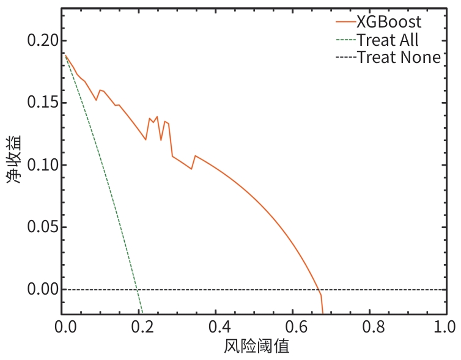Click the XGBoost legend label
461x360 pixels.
pyautogui.click(x=389, y=22)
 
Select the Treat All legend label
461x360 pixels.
pyautogui.click(x=388, y=40)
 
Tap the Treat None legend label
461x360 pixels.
pyautogui.click(x=399, y=57)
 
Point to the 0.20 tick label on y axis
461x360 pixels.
pyautogui.click(x=43, y=40)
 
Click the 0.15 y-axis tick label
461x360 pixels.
pyautogui.click(x=43, y=103)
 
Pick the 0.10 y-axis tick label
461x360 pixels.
pyautogui.click(x=43, y=165)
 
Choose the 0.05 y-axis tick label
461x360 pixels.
pyautogui.click(x=43, y=227)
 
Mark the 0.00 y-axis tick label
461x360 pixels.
pyautogui.click(x=43, y=289)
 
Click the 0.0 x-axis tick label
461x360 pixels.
pyautogui.click(x=65, y=327)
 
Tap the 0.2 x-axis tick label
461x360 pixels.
pyautogui.click(x=142, y=327)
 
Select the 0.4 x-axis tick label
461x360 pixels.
pyautogui.click(x=219, y=327)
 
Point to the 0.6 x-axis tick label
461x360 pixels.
pyautogui.click(x=297, y=327)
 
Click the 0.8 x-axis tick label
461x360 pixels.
pyautogui.click(x=374, y=327)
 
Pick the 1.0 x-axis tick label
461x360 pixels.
pyautogui.click(x=445, y=327)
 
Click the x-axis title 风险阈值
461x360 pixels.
pyautogui.click(x=257, y=346)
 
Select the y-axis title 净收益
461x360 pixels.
pyautogui.click(x=14, y=160)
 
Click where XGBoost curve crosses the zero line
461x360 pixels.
pyautogui.click(x=319, y=290)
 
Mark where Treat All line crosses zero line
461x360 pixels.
pyautogui.click(x=137, y=290)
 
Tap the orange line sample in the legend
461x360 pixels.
pyautogui.click(x=346, y=22)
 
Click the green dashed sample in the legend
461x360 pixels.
pyautogui.click(x=346, y=40)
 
